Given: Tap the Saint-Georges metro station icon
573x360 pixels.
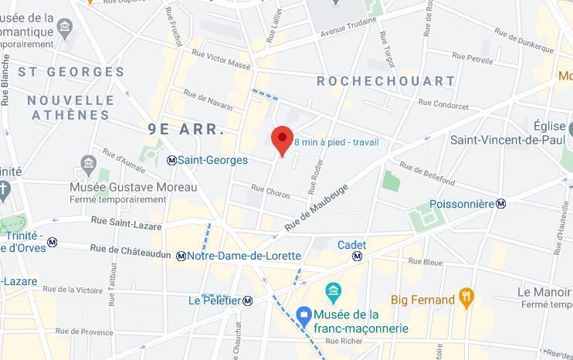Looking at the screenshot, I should pyautogui.click(x=171, y=160).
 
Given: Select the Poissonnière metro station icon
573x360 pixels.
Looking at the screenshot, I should pyautogui.click(x=501, y=204).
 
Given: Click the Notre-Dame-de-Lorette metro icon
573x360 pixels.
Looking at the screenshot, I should pyautogui.click(x=181, y=256).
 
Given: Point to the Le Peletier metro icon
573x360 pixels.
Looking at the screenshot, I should pyautogui.click(x=248, y=301).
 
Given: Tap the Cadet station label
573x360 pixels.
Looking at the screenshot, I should pyautogui.click(x=351, y=245).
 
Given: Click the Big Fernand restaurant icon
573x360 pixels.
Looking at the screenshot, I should pyautogui.click(x=466, y=299).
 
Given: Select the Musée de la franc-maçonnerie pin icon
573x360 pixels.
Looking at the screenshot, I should pyautogui.click(x=303, y=315).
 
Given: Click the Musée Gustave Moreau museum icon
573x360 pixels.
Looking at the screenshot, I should pyautogui.click(x=87, y=165).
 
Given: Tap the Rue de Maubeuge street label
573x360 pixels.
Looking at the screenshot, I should pyautogui.click(x=316, y=207).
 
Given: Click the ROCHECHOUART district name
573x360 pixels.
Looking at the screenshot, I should pyautogui.click(x=386, y=81).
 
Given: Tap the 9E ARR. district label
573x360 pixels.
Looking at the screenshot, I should pyautogui.click(x=187, y=129).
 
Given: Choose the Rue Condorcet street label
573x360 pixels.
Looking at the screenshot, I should pyautogui.click(x=443, y=104).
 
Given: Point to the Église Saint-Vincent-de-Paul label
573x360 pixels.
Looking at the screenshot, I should pyautogui.click(x=510, y=133).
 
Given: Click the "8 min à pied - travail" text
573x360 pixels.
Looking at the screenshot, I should pyautogui.click(x=336, y=142).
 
